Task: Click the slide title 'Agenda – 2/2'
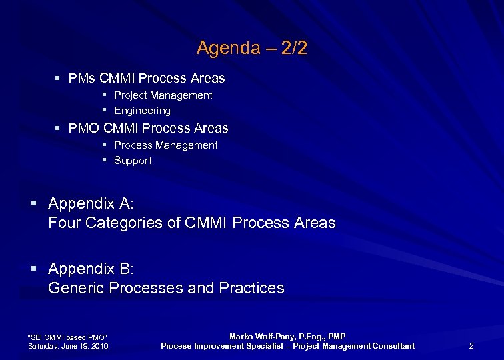pyautogui.click(x=252, y=48)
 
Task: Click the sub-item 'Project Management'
pyautogui.click(x=163, y=95)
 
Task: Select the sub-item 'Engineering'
pyautogui.click(x=142, y=111)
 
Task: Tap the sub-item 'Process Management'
pyautogui.click(x=165, y=145)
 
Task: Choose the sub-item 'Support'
pyautogui.click(x=133, y=161)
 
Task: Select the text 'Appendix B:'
pyautogui.click(x=91, y=269)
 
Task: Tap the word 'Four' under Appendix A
pyautogui.click(x=64, y=223)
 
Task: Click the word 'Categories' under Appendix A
pyautogui.click(x=121, y=223)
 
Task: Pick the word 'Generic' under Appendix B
pyautogui.click(x=76, y=289)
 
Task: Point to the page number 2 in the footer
pyautogui.click(x=471, y=346)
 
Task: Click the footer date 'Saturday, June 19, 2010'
pyautogui.click(x=68, y=346)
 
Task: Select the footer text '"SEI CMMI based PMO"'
pyautogui.click(x=67, y=337)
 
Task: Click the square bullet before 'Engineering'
pyautogui.click(x=105, y=110)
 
